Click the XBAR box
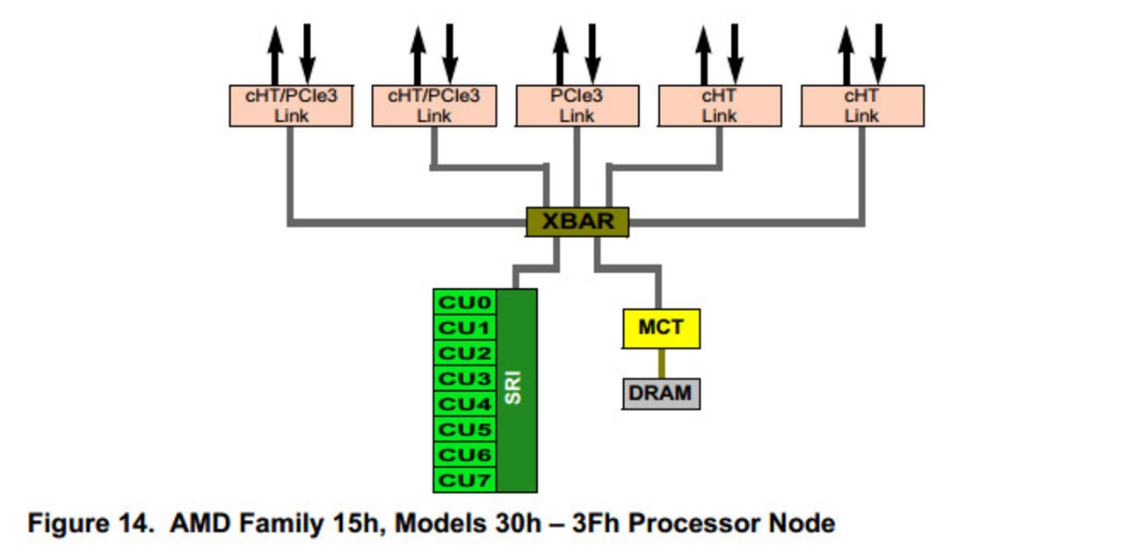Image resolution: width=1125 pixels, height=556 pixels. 577,221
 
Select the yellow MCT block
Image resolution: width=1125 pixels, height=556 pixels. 661,328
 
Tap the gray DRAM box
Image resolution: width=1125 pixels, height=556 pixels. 661,393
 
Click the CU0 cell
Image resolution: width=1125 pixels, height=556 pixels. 465,303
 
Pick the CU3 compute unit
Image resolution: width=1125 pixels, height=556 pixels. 465,379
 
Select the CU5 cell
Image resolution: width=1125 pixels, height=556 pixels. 465,430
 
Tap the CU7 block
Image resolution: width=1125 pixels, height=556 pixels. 465,480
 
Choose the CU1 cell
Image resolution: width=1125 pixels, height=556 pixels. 465,328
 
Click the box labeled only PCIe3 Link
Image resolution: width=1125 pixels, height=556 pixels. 577,105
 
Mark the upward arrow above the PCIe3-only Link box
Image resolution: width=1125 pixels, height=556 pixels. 561,54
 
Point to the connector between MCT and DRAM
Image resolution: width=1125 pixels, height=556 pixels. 661,363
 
